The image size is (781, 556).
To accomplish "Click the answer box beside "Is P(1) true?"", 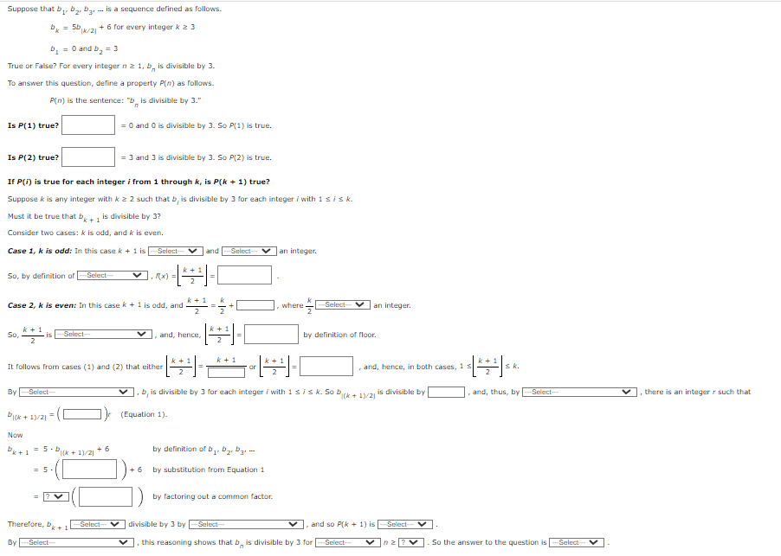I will [x=88, y=125].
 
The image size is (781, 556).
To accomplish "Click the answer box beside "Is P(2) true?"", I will [x=88, y=157].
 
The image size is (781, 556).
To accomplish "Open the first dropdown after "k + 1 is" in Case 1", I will [x=176, y=252].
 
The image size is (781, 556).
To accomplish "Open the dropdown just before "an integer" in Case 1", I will [x=249, y=252].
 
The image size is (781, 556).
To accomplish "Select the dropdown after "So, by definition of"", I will [x=113, y=276].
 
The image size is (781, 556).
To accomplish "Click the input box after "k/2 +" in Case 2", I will [x=257, y=305].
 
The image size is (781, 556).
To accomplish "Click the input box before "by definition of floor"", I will [x=272, y=335].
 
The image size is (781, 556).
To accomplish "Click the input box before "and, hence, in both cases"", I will [x=326, y=367].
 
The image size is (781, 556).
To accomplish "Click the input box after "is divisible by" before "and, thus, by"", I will [x=447, y=392].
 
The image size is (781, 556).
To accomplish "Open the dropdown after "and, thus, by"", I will [x=579, y=392].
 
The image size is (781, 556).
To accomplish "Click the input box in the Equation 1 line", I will [x=83, y=414].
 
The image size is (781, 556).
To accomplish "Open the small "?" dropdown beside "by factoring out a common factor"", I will [x=57, y=496].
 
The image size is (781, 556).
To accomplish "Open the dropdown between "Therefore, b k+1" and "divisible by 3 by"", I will [x=100, y=524].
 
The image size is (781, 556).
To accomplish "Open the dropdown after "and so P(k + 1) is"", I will [x=406, y=524].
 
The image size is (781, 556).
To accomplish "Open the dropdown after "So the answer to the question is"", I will [x=578, y=542].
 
